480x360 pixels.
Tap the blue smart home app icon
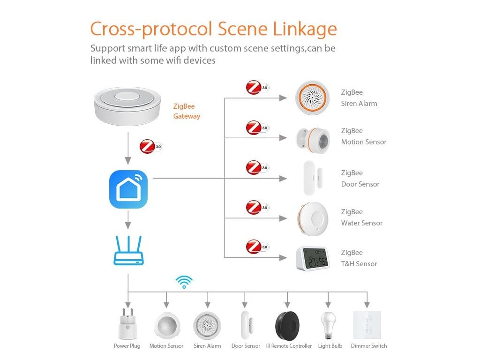pos(128,189)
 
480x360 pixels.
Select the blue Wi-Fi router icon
pos(128,251)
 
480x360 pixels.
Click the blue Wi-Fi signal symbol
pos(184,282)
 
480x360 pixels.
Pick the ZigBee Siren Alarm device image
pos(312,98)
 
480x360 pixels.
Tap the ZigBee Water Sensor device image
pos(313,217)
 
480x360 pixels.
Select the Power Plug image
pos(127,324)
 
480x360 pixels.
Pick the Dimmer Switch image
pos(367,325)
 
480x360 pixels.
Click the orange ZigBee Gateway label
pos(187,112)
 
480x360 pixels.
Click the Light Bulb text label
pos(330,346)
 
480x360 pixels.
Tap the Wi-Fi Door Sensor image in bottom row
pos(246,325)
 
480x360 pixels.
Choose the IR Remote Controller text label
pos(289,346)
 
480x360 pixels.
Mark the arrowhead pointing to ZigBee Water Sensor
pos(283,218)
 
